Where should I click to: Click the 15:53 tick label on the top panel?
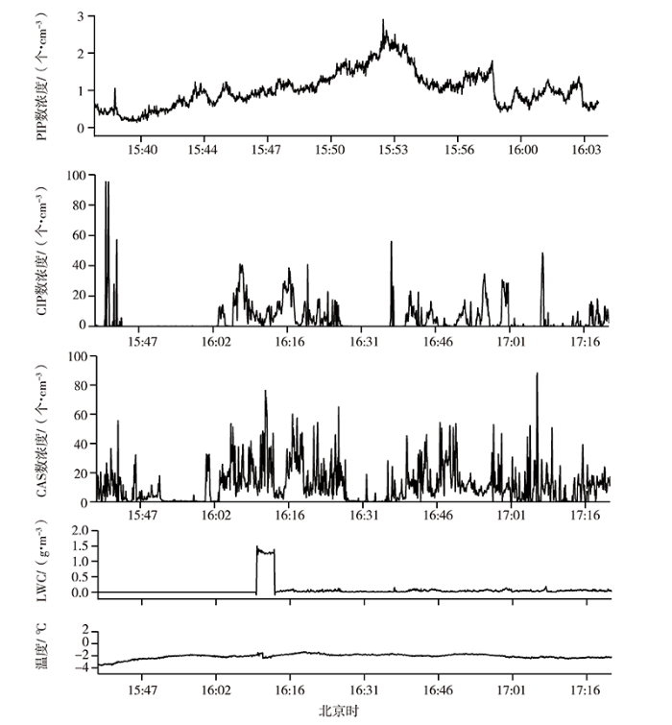coord(393,151)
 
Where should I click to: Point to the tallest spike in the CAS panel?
coord(537,375)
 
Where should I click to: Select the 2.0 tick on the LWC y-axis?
coord(81,530)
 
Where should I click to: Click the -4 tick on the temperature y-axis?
coord(84,667)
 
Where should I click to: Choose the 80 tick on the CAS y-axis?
coord(81,386)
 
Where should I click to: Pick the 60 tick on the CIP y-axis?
coord(81,235)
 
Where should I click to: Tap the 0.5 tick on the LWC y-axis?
coord(81,576)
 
